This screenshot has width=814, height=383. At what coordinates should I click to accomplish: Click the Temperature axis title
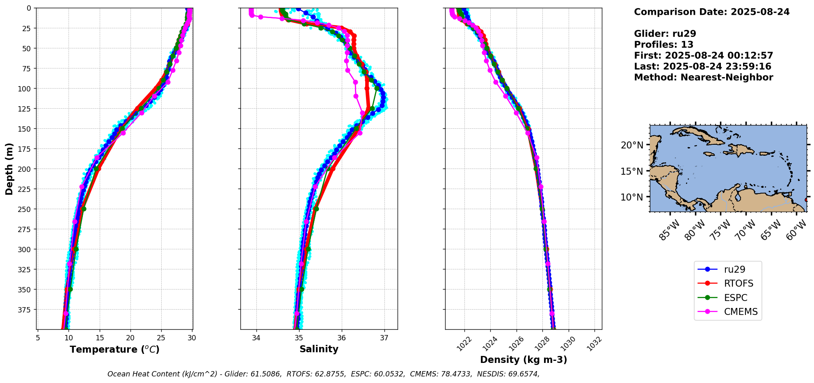(114, 349)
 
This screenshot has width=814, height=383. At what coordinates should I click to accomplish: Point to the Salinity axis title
(319, 349)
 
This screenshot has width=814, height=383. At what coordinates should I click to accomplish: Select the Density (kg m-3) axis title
(524, 360)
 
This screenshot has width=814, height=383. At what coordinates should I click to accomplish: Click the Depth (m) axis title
(9, 169)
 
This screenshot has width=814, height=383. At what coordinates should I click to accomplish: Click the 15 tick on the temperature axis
(100, 338)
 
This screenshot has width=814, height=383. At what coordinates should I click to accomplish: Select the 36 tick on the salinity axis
(342, 338)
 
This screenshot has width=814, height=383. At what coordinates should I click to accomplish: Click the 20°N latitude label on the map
(632, 145)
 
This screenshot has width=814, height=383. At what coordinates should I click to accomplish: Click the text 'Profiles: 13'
(663, 45)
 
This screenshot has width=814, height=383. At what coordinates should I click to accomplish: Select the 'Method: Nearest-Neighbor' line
(703, 78)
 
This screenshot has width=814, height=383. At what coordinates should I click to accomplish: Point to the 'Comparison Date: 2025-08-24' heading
(711, 12)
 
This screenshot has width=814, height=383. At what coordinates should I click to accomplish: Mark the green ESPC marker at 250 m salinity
(316, 209)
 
